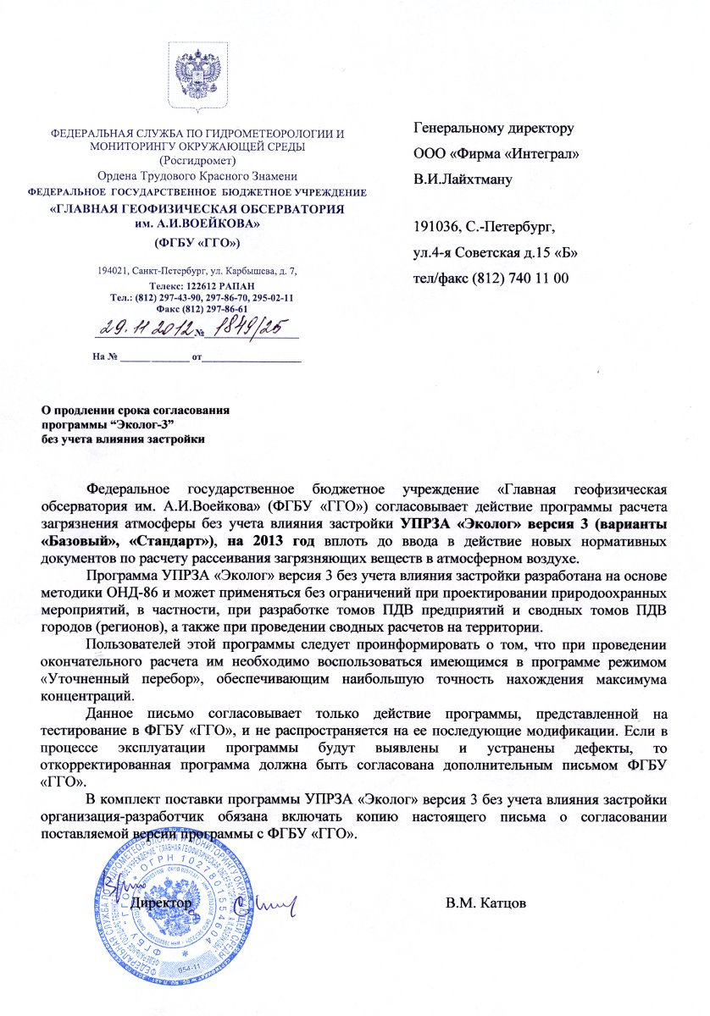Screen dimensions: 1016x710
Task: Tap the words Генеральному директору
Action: coord(493,130)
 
